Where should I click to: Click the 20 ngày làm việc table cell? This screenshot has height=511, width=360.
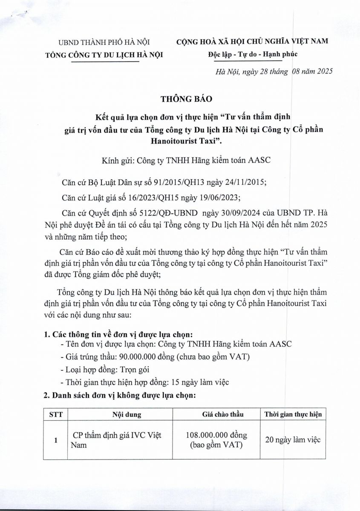pyautogui.click(x=293, y=440)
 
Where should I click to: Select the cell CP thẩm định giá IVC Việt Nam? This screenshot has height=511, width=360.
pyautogui.click(x=116, y=440)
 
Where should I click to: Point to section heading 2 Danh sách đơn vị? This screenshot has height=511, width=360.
pyautogui.click(x=120, y=395)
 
